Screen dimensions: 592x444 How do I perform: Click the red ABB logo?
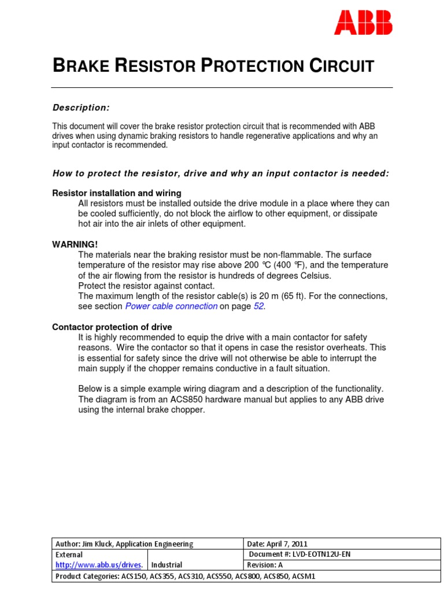pos(364,23)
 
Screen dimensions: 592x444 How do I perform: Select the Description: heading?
pos(81,108)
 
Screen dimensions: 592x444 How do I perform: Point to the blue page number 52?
pos(258,306)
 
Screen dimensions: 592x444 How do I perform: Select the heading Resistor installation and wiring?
pos(117,193)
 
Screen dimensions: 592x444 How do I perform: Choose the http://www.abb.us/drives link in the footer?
pos(98,565)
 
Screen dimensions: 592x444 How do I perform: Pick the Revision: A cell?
pos(265,565)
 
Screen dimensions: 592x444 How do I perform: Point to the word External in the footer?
pos(69,554)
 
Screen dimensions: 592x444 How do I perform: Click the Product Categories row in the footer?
pos(185,576)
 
